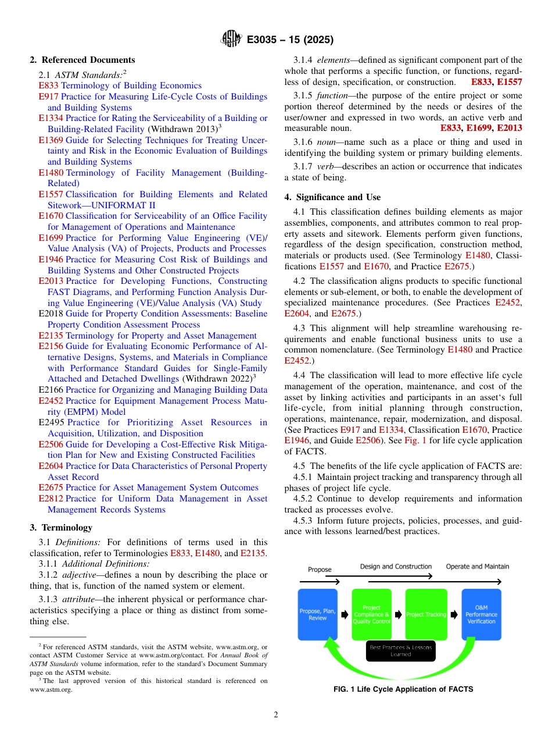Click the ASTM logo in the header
click(231, 40)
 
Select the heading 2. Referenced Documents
click(83, 60)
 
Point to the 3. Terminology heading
click(61, 528)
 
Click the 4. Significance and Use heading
click(332, 197)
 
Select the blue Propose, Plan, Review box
click(317, 615)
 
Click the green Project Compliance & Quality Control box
click(371, 615)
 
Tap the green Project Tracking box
click(426, 615)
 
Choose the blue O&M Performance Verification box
click(481, 615)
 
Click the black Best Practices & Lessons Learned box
click(400, 651)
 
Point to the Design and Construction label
click(396, 567)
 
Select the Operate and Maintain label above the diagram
click(477, 567)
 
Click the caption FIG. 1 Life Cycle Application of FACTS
click(403, 689)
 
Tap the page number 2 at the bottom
click(276, 715)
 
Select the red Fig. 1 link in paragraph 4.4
click(415, 441)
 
